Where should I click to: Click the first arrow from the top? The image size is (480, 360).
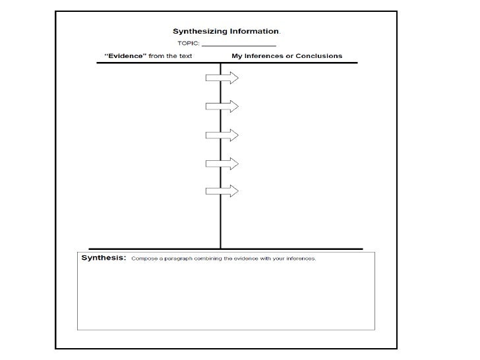click(222, 78)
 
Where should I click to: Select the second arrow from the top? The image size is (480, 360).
click(222, 106)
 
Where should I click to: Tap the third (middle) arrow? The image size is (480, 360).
click(222, 135)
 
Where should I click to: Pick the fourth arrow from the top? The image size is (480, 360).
click(222, 163)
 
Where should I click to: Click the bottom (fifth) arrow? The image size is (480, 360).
click(222, 191)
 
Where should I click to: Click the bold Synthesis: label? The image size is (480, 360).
click(103, 258)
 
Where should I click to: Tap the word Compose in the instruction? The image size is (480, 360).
click(143, 258)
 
